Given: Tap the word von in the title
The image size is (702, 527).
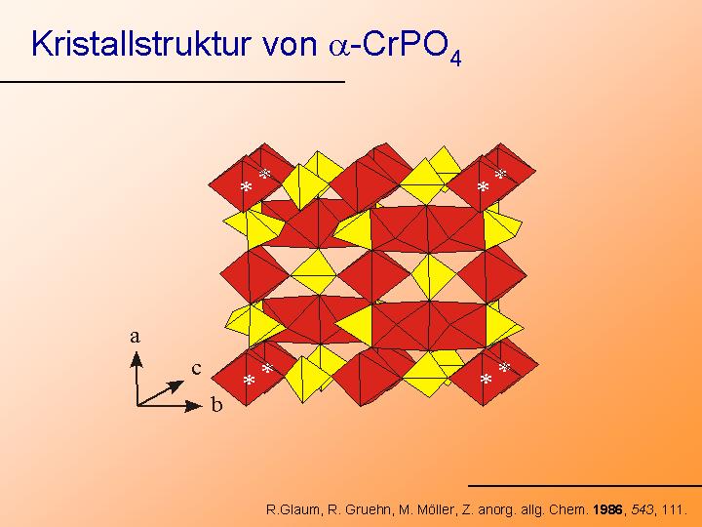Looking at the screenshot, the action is [291, 47].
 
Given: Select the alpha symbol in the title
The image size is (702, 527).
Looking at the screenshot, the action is [338, 48].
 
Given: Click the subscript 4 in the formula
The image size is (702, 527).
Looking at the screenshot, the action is [455, 59].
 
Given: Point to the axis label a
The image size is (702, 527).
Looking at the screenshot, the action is [135, 336].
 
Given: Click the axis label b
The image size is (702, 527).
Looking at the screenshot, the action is [216, 404].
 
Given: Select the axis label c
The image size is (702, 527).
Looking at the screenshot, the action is [196, 368].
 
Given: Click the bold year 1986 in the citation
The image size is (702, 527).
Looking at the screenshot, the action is [607, 509].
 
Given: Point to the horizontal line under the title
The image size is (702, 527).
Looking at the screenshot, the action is [173, 82].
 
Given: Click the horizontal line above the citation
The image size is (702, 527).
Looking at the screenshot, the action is [585, 485].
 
